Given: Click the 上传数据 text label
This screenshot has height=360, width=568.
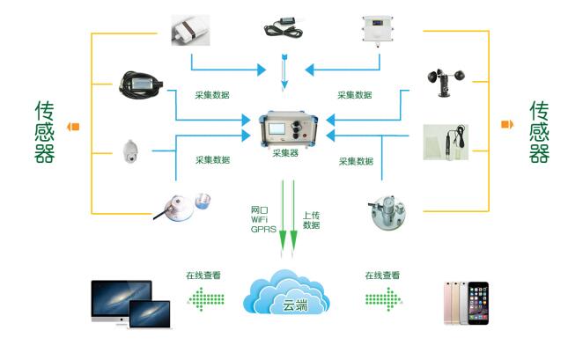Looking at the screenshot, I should (311, 220).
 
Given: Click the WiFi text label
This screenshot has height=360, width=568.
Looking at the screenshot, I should (262, 219).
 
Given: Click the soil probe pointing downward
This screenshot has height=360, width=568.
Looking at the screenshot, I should (284, 71).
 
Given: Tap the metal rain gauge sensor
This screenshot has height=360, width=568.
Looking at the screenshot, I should (388, 208).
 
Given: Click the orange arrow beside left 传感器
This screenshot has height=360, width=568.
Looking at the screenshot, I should (74, 126).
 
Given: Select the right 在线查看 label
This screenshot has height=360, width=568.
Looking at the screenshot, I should (382, 276).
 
